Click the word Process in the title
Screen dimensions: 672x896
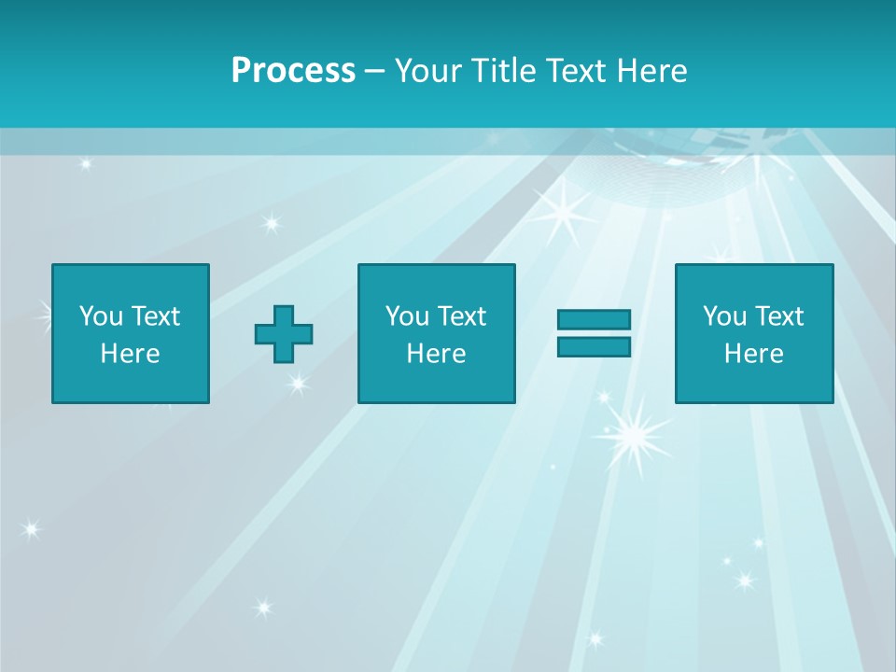pos(293,71)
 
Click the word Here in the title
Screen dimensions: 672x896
pos(651,71)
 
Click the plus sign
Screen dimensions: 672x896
pos(284,333)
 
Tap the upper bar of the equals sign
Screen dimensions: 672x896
pos(594,319)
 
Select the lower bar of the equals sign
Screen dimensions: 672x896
pos(594,346)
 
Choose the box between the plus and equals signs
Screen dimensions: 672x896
pos(436,333)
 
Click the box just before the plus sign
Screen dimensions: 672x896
pos(130,333)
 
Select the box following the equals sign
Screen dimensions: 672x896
pos(753,333)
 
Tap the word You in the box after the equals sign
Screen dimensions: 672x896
pos(724,316)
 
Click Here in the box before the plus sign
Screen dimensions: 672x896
pos(130,354)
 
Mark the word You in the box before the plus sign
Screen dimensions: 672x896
pos(101,316)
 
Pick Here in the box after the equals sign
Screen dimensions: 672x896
pos(753,354)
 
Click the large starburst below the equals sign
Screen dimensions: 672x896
pos(633,431)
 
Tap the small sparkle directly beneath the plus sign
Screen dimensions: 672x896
pos(297,382)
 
